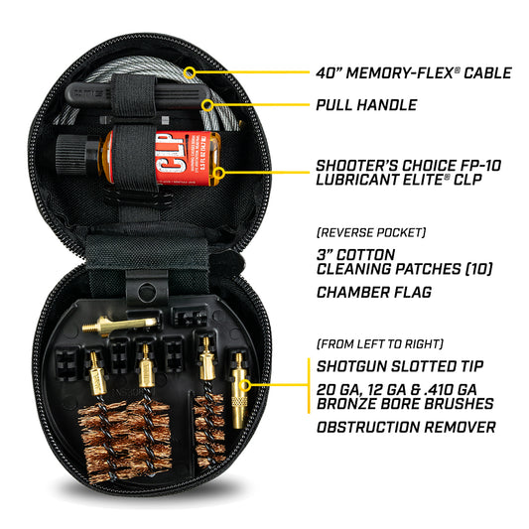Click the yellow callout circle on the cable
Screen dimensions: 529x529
[190, 72]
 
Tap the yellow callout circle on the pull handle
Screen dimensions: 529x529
[207, 103]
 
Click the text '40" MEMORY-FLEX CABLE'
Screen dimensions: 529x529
[412, 72]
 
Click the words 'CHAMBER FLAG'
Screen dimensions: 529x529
[376, 293]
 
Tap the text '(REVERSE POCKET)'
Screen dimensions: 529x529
[370, 232]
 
